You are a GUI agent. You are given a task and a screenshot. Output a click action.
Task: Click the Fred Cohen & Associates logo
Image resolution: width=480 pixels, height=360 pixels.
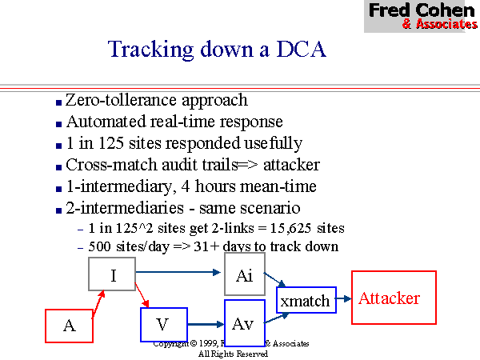[x=421, y=15]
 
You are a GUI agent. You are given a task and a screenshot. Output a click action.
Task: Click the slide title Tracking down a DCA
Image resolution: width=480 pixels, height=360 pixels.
[x=217, y=50]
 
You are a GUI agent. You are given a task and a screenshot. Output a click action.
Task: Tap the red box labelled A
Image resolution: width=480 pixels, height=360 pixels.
[x=69, y=326]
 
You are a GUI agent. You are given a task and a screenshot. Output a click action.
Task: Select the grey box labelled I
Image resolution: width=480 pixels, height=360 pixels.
[x=113, y=276]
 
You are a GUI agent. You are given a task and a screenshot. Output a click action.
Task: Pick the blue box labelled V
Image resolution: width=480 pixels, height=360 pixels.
[x=163, y=324]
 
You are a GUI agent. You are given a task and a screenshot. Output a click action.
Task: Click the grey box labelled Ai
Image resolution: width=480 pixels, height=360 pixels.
[x=244, y=274]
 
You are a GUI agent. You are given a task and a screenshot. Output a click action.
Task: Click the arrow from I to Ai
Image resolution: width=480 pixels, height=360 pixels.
[x=180, y=272]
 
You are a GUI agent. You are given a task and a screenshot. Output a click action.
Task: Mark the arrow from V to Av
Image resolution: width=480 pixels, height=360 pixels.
[x=205, y=324]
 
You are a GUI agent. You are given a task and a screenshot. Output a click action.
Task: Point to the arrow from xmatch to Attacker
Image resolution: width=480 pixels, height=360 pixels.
[x=342, y=299]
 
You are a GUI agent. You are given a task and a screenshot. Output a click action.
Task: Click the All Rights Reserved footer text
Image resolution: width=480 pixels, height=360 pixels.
[x=233, y=353]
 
